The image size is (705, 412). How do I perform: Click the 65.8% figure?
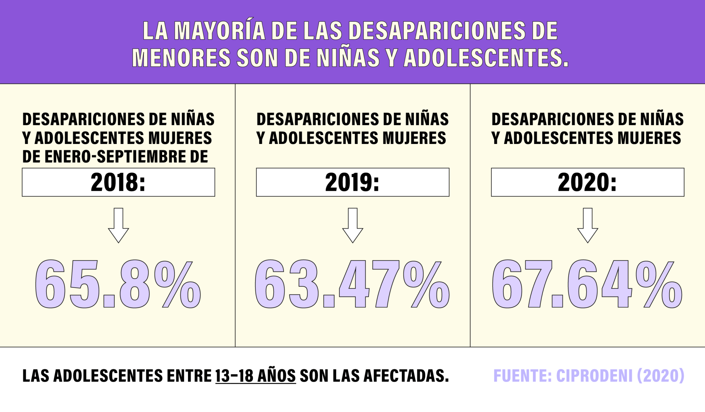tap(118, 284)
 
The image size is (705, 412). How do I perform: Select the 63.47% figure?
tap(352, 284)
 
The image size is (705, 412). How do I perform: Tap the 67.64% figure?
tap(587, 284)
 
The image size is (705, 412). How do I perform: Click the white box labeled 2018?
tap(118, 182)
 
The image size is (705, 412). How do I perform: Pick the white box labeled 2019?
tap(352, 182)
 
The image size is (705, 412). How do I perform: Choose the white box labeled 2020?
tap(587, 182)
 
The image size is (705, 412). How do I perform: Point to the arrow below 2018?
tap(118, 226)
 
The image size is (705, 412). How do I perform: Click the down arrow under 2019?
tap(352, 226)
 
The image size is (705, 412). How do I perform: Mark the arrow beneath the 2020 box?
tap(587, 226)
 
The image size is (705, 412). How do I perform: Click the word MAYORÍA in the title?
tap(220, 31)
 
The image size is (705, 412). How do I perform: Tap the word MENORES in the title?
tap(181, 58)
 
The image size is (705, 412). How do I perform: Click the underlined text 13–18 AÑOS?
tap(255, 376)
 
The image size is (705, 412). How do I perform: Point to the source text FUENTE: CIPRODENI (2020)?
tap(589, 376)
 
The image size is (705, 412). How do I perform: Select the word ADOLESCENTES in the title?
tap(485, 58)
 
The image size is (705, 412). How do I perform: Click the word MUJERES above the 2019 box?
tap(414, 138)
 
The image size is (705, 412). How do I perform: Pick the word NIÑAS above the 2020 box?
tap(662, 120)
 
